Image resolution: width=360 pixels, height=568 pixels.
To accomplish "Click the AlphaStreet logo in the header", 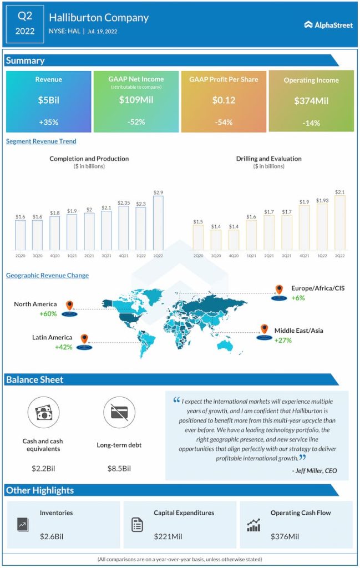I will click(328, 24).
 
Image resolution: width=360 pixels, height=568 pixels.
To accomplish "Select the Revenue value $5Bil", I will click(48, 100).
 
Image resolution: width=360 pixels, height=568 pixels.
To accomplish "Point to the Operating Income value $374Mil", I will click(311, 102).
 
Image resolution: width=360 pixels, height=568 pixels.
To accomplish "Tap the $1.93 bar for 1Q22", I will click(322, 226).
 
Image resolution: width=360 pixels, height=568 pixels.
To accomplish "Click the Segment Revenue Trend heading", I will click(41, 141).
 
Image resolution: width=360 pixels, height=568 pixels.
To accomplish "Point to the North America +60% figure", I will click(48, 314).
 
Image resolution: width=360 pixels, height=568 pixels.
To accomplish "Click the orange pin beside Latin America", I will click(84, 338).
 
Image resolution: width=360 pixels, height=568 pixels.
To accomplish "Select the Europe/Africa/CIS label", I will click(317, 288).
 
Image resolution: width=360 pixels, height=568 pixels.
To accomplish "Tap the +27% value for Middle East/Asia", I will click(283, 340).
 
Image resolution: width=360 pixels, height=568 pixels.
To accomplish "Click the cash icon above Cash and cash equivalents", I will click(43, 413).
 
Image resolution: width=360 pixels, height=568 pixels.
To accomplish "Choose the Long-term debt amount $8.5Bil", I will click(119, 469).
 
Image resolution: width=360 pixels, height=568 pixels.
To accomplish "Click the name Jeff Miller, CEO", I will click(314, 471).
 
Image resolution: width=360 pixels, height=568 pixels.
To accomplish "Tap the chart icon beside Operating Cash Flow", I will click(253, 525).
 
